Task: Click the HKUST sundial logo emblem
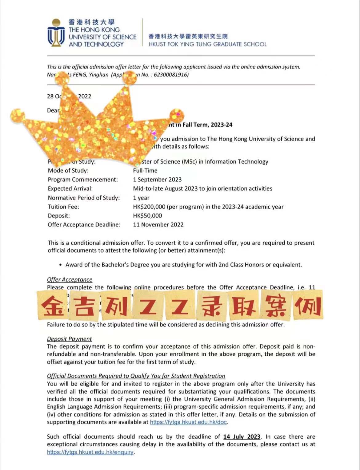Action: (56, 33)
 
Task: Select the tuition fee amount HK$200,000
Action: (149, 207)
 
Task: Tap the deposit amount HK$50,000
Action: (147, 216)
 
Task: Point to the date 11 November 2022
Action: (158, 225)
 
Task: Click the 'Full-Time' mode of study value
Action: (145, 171)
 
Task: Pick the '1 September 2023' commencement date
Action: (157, 180)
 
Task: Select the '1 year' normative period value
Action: (141, 198)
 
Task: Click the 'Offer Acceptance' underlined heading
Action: (70, 279)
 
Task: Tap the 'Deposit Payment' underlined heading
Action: (69, 339)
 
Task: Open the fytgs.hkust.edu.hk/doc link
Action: (188, 422)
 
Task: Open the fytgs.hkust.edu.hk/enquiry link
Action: (90, 452)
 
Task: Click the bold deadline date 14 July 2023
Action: (242, 437)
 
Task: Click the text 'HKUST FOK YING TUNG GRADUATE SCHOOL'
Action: (207, 44)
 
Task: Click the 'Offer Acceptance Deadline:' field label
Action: (84, 225)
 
